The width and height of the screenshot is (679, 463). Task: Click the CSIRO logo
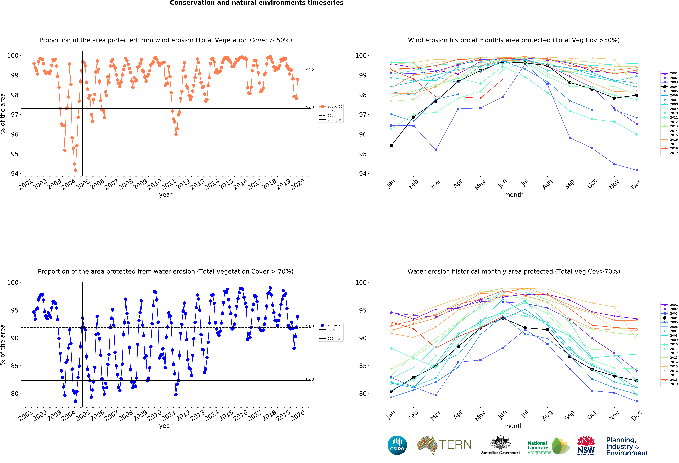point(397,445)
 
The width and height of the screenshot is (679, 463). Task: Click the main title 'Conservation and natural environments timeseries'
point(257,3)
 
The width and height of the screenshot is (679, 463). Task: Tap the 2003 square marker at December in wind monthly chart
point(637,170)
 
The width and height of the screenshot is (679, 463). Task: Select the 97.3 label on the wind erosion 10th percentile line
point(310,107)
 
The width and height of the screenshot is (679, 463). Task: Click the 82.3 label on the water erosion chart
point(310,379)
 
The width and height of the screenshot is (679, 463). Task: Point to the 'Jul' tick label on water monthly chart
point(525,414)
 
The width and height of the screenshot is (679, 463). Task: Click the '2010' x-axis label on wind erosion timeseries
point(154,184)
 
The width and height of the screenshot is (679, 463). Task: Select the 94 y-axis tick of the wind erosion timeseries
point(15,174)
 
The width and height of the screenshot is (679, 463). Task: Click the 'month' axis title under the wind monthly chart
point(514,195)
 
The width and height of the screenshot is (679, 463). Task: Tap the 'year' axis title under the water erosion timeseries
point(166,426)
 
